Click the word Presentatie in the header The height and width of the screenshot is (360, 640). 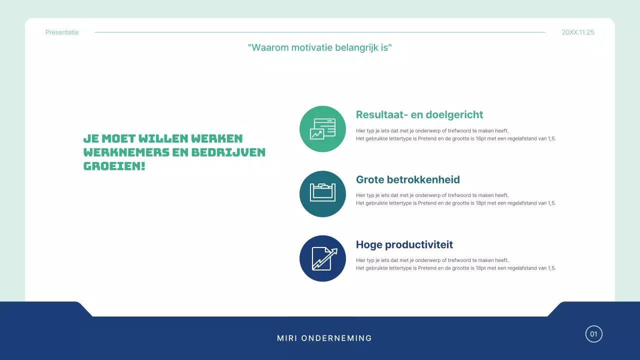click(62, 32)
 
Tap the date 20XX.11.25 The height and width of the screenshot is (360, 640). click(578, 32)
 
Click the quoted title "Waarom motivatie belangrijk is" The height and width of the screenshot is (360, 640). click(320, 48)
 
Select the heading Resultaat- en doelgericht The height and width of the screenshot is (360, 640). click(419, 115)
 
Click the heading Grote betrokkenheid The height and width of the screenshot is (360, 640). click(407, 180)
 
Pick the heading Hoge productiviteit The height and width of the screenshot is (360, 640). click(404, 245)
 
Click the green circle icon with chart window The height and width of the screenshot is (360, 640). click(322, 129)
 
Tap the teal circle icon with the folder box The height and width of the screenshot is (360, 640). click(322, 194)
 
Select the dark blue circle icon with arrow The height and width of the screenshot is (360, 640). click(322, 258)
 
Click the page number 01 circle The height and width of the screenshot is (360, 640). click(594, 334)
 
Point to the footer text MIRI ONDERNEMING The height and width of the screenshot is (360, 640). click(324, 338)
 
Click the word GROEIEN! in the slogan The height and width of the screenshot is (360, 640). click(114, 166)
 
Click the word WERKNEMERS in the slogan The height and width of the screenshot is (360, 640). click(126, 152)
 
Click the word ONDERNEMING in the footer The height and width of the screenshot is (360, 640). click(336, 338)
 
